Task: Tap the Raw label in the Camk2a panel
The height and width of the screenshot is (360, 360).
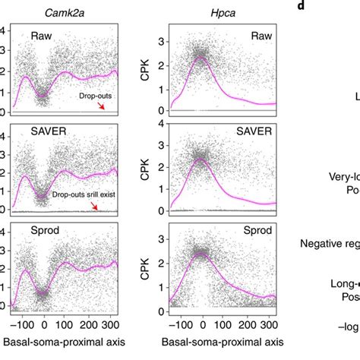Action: [x=42, y=36]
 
